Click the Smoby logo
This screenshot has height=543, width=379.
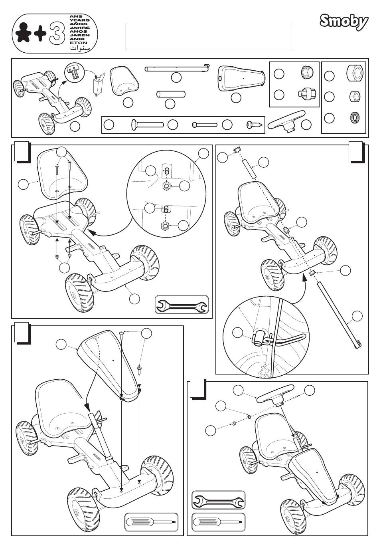coord(343,22)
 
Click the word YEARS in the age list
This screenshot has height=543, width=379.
coord(79,21)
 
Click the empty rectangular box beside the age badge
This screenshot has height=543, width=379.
coord(209,37)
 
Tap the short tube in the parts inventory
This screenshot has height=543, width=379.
coord(171,94)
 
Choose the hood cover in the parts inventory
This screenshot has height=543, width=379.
coord(242,78)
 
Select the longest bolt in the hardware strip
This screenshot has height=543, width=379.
coord(147,125)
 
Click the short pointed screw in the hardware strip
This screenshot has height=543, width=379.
coord(255,125)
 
